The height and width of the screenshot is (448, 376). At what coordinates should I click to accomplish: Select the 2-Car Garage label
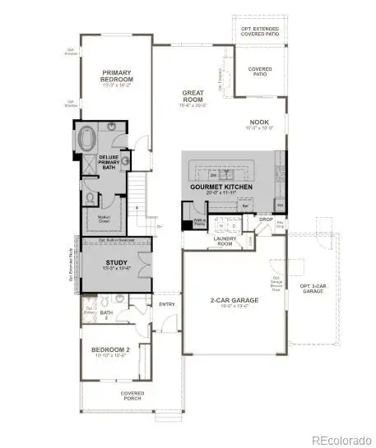pyautogui.click(x=234, y=302)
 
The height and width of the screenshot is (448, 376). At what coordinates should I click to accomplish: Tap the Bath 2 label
pyautogui.click(x=106, y=314)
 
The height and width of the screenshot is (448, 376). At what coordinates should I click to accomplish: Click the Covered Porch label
pyautogui.click(x=132, y=395)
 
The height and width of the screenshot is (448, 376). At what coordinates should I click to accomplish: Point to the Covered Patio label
pyautogui.click(x=260, y=71)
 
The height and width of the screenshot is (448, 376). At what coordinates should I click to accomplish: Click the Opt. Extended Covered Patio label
pyautogui.click(x=260, y=32)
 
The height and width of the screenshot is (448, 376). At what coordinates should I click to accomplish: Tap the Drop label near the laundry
pyautogui.click(x=265, y=219)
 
